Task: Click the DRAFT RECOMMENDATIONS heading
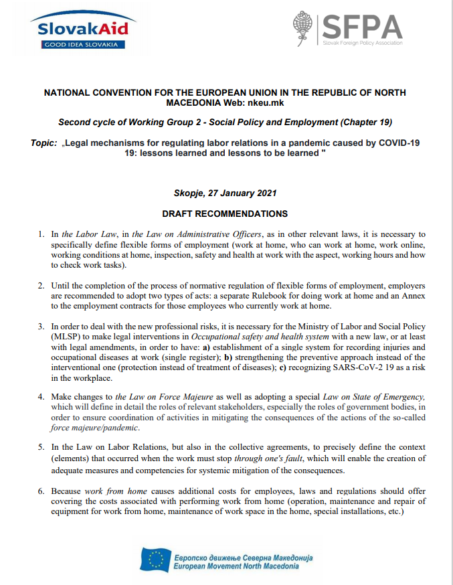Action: pyautogui.click(x=225, y=214)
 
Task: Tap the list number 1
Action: pyautogui.click(x=41, y=234)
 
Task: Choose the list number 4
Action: pyautogui.click(x=41, y=397)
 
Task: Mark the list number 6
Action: pyautogui.click(x=41, y=491)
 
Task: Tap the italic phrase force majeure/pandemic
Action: pyautogui.click(x=95, y=427)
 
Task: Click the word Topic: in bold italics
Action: pyautogui.click(x=43, y=143)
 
